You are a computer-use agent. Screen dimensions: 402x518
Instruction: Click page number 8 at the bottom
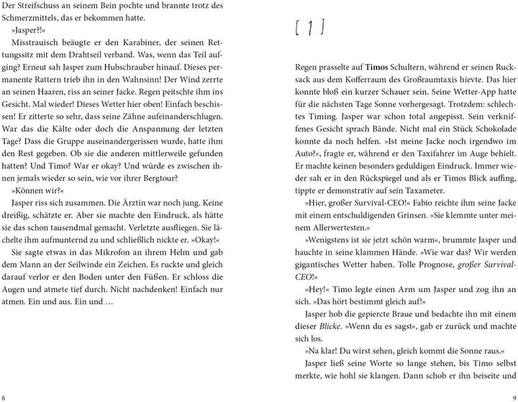(x=6, y=396)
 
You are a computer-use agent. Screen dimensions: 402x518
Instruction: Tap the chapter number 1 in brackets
(x=310, y=29)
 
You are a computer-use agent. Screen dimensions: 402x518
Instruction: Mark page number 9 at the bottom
(x=512, y=396)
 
